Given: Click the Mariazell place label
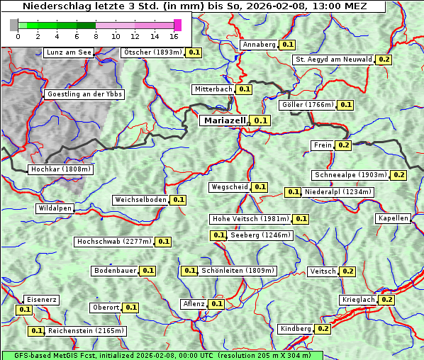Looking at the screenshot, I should pos(225,120).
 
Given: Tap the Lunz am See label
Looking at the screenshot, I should pos(69,52).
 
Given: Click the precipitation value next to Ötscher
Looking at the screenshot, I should pos(194,52).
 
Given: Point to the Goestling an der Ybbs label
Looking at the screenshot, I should pos(84,94).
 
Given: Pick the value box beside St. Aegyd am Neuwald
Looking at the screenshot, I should pos(384,60).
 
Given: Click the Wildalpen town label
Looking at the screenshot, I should pos(55,209).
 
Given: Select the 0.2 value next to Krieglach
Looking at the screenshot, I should pos(386,300).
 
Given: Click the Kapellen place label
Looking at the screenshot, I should pos(394,218).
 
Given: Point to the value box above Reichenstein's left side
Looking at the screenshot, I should pos(24,310).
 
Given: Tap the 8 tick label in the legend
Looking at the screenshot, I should pos(96,36).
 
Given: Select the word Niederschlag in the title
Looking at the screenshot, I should pos(53,6).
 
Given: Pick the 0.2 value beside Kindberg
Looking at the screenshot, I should pos(323,329).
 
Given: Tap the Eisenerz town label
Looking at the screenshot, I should pos(41,300).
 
